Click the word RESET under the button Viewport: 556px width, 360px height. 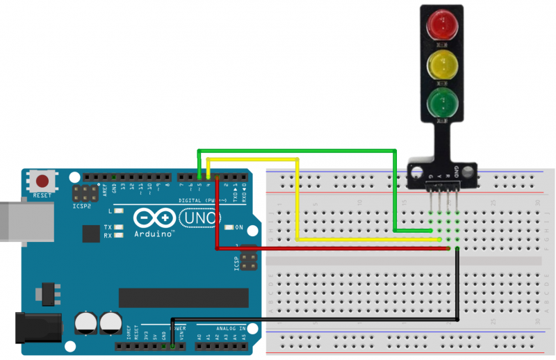(42, 196)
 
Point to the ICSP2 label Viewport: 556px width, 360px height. (81, 206)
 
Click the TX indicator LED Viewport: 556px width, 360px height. (119, 227)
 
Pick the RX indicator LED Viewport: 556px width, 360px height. (119, 236)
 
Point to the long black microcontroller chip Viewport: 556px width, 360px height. (183, 297)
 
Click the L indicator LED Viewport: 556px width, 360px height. (119, 211)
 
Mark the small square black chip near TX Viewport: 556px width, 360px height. (90, 234)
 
